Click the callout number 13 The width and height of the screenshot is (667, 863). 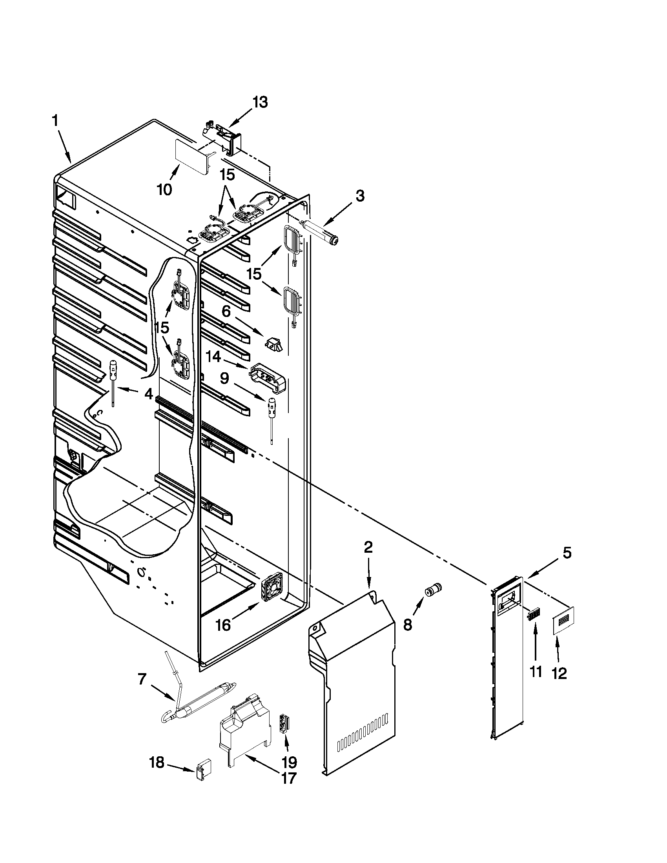(x=260, y=102)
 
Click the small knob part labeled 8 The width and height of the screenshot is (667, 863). (x=432, y=590)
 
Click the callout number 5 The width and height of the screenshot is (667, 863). (x=567, y=553)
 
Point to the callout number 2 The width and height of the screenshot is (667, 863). (x=368, y=547)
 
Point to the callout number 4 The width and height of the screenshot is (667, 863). (x=148, y=393)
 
